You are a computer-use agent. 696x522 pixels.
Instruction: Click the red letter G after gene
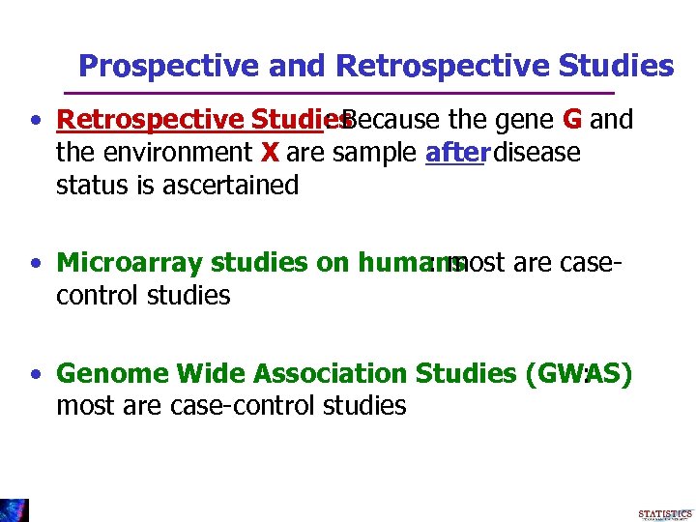click(571, 120)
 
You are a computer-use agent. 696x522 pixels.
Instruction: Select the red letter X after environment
click(270, 153)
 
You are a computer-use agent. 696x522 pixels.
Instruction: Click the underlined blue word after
click(453, 153)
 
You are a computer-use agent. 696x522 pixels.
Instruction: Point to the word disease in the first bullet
click(538, 153)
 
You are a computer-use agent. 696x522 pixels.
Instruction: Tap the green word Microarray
click(130, 263)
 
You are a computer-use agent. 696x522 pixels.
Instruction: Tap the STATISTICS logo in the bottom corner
click(665, 511)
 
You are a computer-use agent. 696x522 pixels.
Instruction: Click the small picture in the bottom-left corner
click(14, 509)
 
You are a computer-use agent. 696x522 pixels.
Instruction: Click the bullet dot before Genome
click(35, 374)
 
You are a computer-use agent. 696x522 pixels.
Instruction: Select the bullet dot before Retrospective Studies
click(35, 121)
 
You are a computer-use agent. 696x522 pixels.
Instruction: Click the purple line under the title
click(338, 93)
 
